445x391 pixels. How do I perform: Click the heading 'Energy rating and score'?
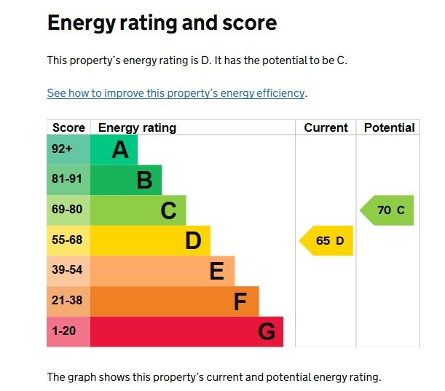click(162, 23)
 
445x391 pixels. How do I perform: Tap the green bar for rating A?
click(114, 150)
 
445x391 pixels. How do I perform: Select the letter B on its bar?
click(144, 180)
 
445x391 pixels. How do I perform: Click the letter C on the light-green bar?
click(168, 210)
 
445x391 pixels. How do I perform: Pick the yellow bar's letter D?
click(193, 240)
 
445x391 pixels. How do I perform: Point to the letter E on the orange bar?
click(216, 271)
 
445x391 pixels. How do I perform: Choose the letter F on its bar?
click(240, 301)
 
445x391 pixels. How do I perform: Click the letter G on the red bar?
click(267, 332)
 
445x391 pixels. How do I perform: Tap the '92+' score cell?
click(63, 149)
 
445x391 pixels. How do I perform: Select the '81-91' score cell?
click(67, 179)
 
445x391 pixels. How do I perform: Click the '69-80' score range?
click(67, 210)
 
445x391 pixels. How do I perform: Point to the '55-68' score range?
click(67, 240)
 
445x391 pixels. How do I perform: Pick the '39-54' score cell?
click(67, 270)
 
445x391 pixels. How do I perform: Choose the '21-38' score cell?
click(67, 301)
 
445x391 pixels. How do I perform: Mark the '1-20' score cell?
click(65, 331)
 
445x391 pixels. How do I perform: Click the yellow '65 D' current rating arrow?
click(328, 241)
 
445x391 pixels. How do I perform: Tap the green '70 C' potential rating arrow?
click(389, 210)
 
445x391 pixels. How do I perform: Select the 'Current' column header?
click(326, 127)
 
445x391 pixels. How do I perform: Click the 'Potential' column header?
click(389, 127)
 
